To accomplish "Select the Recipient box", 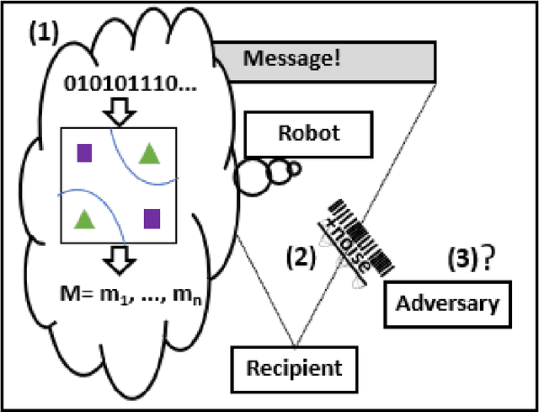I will tap(294, 367).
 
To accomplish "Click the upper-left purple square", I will tap(84, 152).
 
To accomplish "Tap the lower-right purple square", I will tap(151, 218).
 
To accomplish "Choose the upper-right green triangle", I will tap(149, 152).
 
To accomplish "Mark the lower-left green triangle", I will tap(83, 219).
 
